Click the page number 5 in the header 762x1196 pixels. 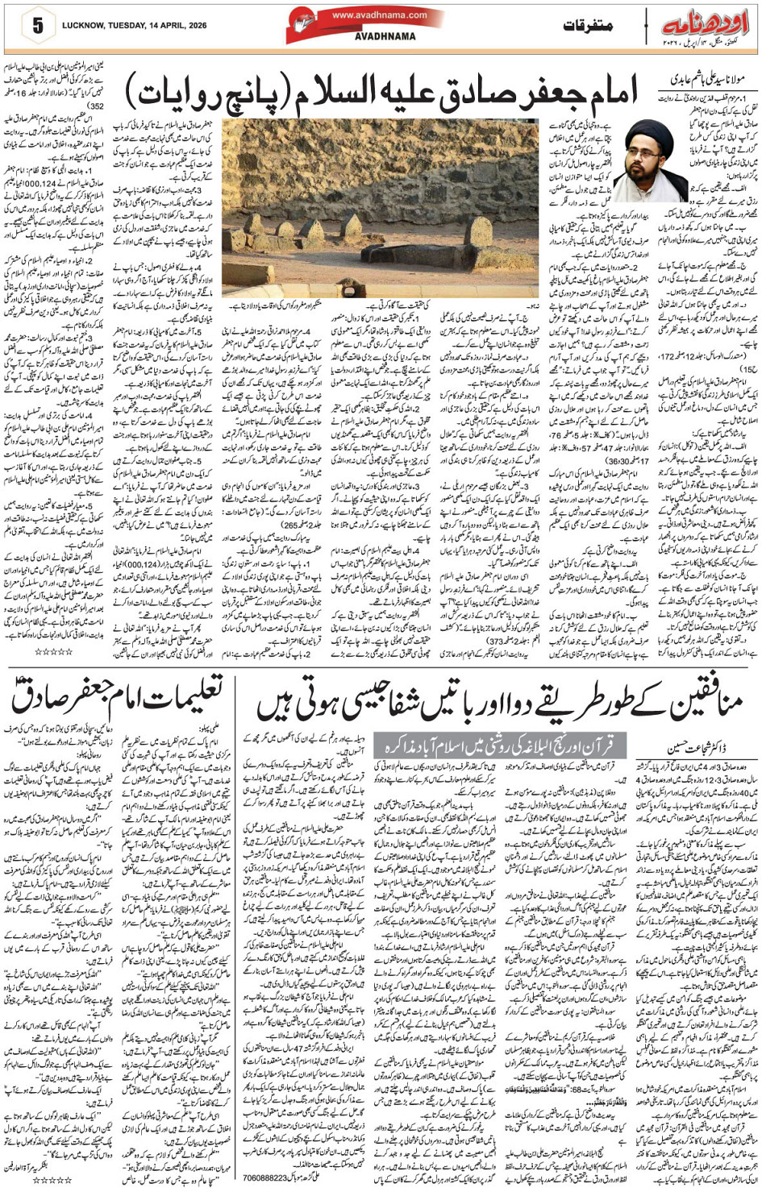37,25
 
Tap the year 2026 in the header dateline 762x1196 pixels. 194,26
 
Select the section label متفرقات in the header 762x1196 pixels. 589,27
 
